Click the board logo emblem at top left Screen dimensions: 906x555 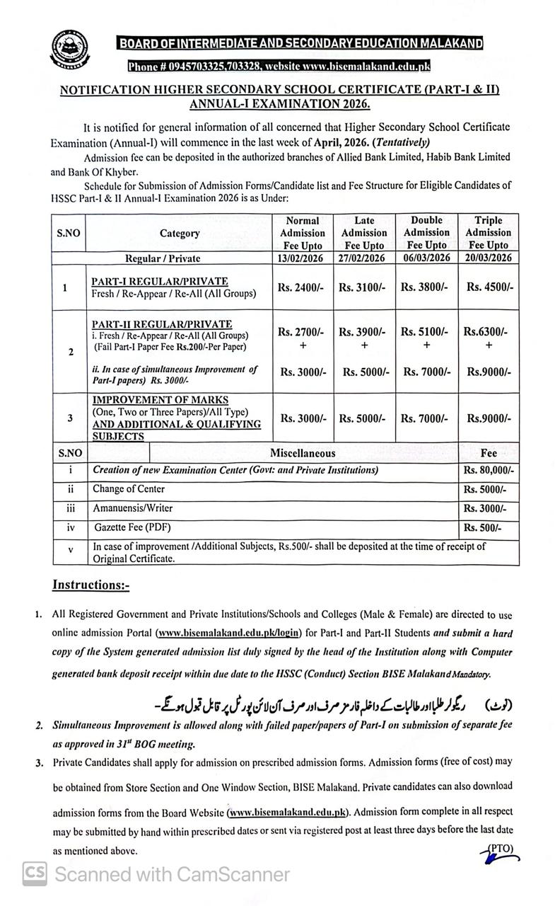71,50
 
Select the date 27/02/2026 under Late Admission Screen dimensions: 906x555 363,258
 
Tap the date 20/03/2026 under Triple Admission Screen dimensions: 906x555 488,258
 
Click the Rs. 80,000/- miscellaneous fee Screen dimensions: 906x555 488,470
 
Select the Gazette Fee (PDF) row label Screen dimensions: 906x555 132,527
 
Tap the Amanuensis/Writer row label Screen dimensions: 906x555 132,508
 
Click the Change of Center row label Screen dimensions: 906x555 129,489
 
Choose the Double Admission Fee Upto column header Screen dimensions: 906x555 426,232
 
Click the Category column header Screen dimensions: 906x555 180,233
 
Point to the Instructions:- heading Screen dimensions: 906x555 90,585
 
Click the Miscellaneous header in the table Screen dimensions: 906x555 303,452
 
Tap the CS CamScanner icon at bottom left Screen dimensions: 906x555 35,874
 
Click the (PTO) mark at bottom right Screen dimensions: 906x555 500,849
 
